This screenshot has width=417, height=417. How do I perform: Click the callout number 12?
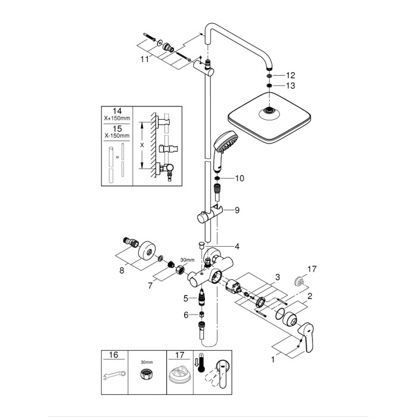pos(290,76)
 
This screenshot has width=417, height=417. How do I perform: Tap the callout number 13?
pos(290,86)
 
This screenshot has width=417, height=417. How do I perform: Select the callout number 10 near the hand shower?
pos(240,178)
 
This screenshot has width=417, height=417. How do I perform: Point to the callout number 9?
pos(236,210)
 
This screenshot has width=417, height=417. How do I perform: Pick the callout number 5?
pos(185,298)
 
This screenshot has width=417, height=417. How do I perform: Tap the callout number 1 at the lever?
pos(274,359)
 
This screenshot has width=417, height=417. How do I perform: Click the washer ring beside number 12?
pos(270,76)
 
